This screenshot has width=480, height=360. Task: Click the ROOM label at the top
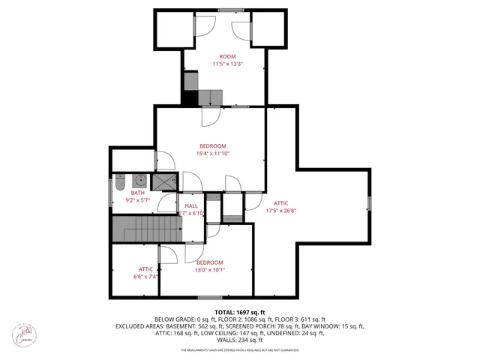tap(227, 57)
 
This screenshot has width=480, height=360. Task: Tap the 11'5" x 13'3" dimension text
tap(227, 64)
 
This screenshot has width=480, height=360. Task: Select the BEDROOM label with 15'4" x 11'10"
tap(213, 145)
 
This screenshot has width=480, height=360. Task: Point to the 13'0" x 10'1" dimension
tap(210, 270)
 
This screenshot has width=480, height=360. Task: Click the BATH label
tap(137, 193)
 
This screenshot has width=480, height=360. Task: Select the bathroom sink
tap(139, 180)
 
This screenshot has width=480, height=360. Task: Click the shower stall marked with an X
tap(162, 181)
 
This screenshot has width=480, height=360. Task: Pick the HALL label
tap(190, 205)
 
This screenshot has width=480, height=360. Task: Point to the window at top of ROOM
tap(230, 10)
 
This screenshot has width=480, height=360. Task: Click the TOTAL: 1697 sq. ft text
tap(240, 312)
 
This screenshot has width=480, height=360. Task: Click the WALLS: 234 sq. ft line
tap(240, 340)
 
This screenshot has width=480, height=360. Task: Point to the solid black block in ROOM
tap(190, 97)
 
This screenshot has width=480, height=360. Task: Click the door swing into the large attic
tap(253, 201)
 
